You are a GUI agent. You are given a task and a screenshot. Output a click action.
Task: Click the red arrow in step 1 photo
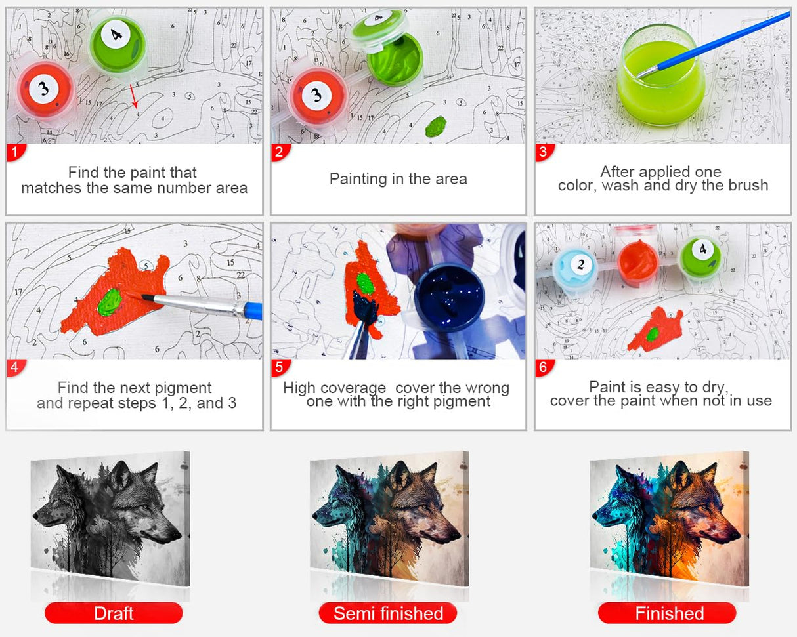pos(133,96)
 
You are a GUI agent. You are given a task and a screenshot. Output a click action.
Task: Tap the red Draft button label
pos(114,613)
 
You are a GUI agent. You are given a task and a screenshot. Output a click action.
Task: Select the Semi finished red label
pos(388,613)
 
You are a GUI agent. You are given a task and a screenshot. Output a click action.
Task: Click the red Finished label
pos(667,613)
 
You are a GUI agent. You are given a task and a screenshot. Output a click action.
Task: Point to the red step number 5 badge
pos(280,368)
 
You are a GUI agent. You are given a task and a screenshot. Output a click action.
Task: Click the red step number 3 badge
pos(544,152)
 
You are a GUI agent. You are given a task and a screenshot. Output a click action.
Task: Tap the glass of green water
pos(660,75)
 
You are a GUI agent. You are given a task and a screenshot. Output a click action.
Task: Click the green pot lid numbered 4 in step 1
pos(118,45)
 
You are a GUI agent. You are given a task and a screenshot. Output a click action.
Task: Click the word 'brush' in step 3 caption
pos(748,186)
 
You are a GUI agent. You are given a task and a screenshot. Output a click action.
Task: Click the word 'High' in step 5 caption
pos(299,388)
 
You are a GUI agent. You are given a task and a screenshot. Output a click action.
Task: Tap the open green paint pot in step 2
pos(395,59)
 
